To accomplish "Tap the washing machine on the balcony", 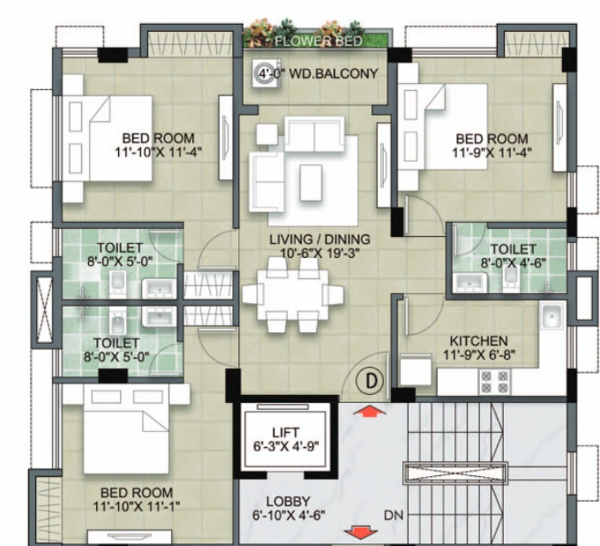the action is coord(266,73).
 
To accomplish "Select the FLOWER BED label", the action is coord(319,41).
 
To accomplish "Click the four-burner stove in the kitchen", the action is coord(495,382).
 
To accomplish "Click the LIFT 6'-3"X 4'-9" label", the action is coord(286,439).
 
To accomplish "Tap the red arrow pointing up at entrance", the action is coord(369,412).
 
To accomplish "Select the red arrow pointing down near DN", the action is coord(361,533).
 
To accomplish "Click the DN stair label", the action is coord(394,515).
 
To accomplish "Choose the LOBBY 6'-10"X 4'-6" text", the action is coord(289,508).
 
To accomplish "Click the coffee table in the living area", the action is coord(311,183).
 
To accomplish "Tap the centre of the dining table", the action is coord(293,295).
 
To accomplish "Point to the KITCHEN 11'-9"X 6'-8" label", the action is coord(479,348).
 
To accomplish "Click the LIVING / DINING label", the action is coord(320,239).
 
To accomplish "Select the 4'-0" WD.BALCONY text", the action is coord(318,73).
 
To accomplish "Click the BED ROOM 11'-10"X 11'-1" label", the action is coord(137,499).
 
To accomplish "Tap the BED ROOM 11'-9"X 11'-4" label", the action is coord(491,146).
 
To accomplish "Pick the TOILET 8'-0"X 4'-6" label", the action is coord(514,256).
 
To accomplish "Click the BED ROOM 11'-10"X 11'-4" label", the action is coord(158,145).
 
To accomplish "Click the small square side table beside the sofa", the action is coord(266,134).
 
